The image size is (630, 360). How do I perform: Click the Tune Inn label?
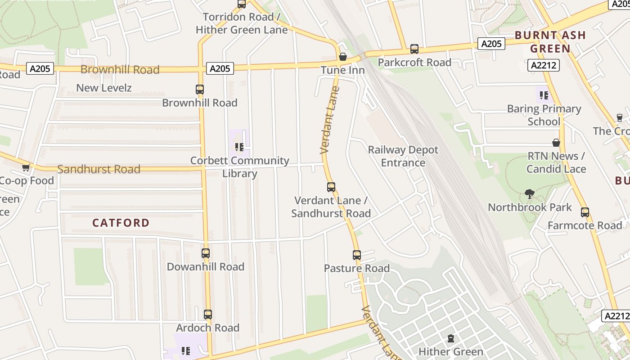(x=342, y=70)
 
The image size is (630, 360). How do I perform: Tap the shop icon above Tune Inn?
(x=343, y=57)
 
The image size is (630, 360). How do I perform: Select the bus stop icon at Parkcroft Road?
(x=414, y=49)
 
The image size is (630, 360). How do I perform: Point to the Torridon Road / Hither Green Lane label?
(x=242, y=23)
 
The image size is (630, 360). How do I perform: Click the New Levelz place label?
(x=104, y=88)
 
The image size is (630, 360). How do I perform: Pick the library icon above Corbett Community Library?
(x=239, y=147)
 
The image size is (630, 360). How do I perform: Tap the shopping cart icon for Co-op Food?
(x=26, y=168)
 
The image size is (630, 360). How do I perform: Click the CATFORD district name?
(x=121, y=223)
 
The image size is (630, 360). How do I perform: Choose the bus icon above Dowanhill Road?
(x=206, y=253)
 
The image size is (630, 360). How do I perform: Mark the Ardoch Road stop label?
(x=207, y=328)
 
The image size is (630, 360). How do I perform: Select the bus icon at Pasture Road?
(x=357, y=255)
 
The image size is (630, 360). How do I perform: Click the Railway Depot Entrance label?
(x=403, y=156)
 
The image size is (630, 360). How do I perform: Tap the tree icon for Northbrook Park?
(x=530, y=194)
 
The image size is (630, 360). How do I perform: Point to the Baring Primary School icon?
(x=544, y=95)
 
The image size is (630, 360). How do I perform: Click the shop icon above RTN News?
(x=556, y=143)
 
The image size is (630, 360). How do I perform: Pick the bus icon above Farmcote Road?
(x=585, y=212)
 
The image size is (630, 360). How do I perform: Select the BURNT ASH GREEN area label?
(x=550, y=42)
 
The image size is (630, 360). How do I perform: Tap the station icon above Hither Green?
(x=451, y=338)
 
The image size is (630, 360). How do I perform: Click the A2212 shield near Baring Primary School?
(x=543, y=65)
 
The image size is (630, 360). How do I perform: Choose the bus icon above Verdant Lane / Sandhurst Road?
(x=331, y=187)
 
